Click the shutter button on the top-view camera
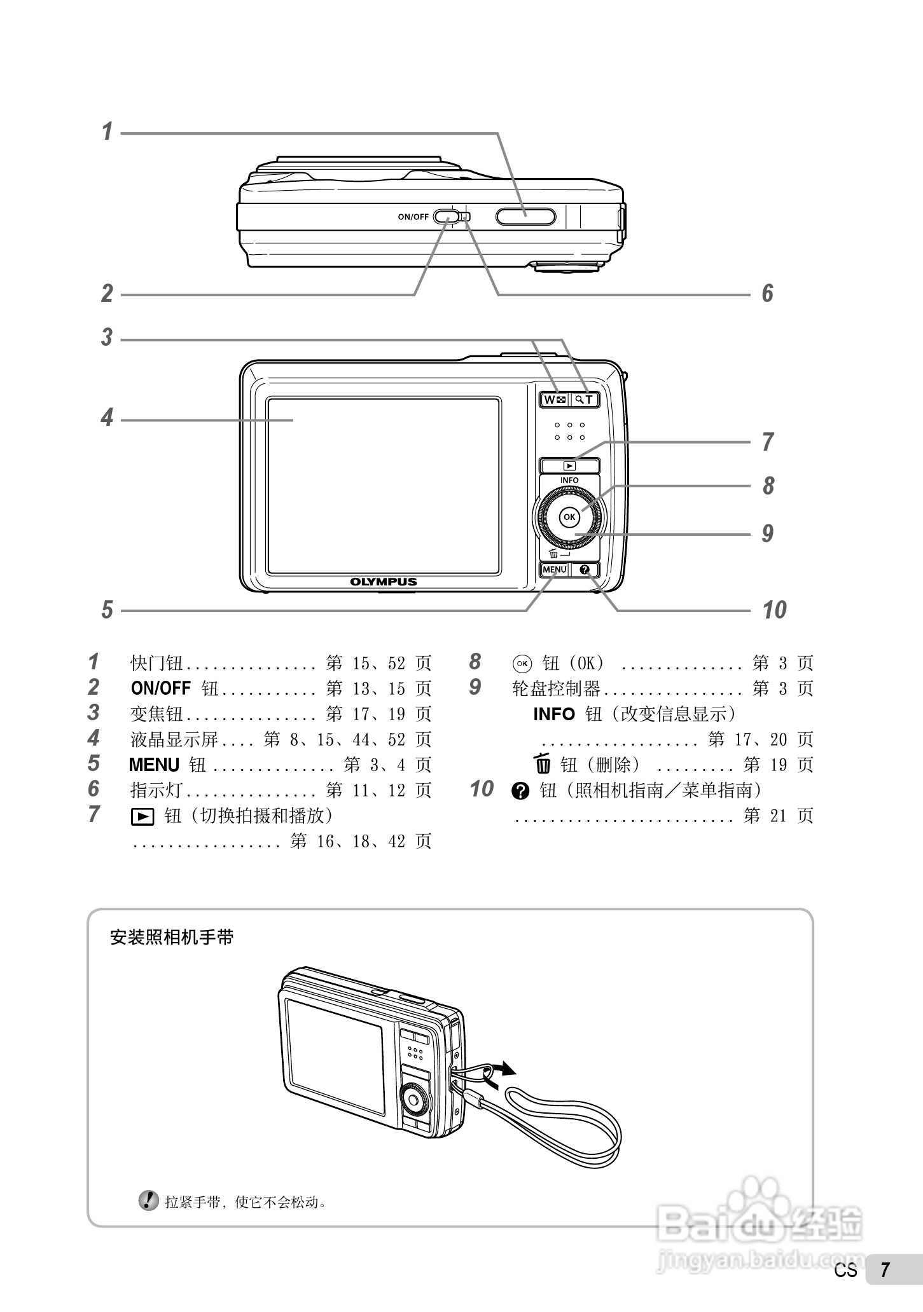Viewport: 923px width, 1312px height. click(525, 216)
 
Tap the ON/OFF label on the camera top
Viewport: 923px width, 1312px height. click(413, 217)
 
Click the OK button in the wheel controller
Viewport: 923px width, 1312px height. click(569, 517)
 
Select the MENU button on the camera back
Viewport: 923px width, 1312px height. click(554, 570)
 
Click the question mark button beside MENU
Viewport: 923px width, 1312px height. click(585, 570)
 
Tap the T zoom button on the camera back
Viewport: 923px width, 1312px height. click(585, 400)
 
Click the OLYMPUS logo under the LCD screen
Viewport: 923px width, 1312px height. click(384, 582)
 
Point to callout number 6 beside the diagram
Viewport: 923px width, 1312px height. click(768, 294)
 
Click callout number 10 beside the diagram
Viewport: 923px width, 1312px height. click(774, 610)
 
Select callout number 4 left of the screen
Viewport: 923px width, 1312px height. click(107, 418)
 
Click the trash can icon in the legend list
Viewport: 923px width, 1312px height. click(543, 764)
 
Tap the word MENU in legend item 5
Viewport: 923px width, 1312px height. click(154, 765)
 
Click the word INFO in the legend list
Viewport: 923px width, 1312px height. click(553, 714)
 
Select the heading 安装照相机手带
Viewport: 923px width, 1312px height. click(172, 937)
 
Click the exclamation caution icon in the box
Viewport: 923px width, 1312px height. click(148, 1200)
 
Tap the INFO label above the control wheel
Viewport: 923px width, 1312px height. click(569, 481)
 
